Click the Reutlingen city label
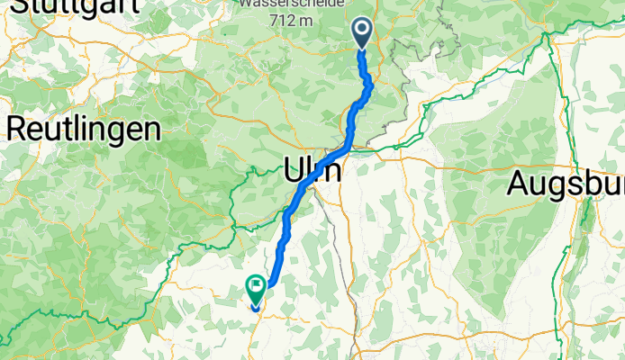click(x=84, y=129)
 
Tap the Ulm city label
click(x=312, y=170)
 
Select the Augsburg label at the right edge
click(x=566, y=184)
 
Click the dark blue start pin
click(x=362, y=33)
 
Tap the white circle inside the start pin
click(x=362, y=30)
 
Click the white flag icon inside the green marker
click(x=256, y=287)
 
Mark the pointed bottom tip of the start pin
click(x=362, y=49)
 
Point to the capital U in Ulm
click(x=294, y=170)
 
